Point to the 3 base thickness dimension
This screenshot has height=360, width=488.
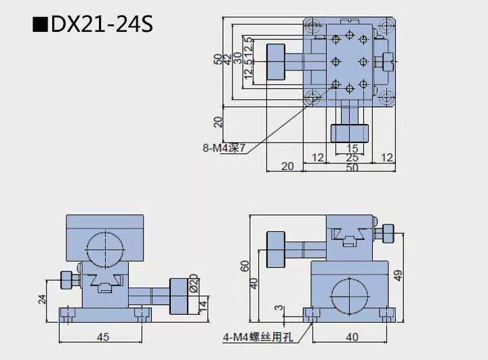tap(277, 308)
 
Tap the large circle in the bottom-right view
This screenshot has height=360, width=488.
tap(350, 297)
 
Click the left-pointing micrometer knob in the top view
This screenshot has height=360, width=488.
tap(277, 62)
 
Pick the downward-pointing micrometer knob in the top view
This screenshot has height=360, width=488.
tap(349, 132)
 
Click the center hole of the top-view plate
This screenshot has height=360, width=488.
tap(349, 61)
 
